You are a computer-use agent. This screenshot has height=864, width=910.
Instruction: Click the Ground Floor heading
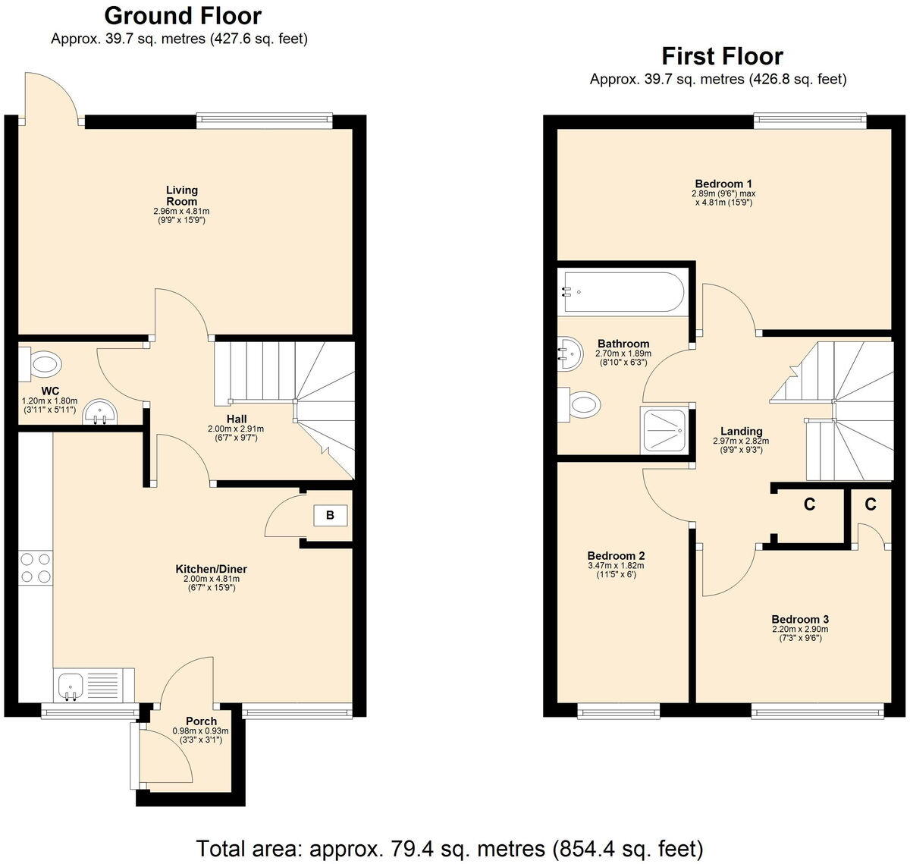(182, 15)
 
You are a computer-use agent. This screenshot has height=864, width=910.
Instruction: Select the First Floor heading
(721, 56)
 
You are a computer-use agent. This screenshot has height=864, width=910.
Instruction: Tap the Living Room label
(182, 196)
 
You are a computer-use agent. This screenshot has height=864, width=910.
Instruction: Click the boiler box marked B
(330, 516)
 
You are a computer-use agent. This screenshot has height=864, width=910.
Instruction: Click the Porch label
(201, 721)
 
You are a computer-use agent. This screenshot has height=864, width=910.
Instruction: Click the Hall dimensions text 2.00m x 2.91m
(236, 429)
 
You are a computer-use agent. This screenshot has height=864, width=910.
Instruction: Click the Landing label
(741, 431)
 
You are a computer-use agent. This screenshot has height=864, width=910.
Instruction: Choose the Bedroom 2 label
(616, 555)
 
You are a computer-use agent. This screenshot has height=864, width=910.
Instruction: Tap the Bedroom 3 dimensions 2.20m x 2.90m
(800, 629)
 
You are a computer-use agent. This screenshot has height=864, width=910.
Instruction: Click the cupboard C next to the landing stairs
(809, 504)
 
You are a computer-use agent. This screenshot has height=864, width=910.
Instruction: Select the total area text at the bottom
(450, 847)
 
